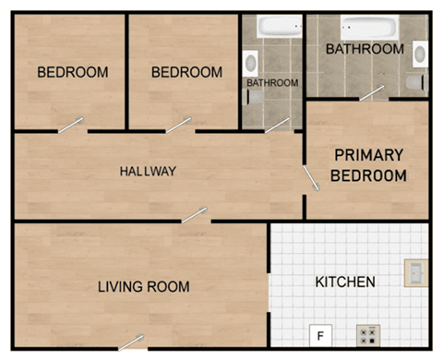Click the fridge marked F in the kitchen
(320, 335)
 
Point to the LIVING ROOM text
(143, 287)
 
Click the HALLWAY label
(148, 172)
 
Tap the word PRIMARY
(368, 155)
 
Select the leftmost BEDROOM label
(72, 72)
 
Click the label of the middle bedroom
(186, 72)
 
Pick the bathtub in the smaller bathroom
(272, 28)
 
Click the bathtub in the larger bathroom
(369, 27)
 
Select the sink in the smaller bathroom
(250, 62)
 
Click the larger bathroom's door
(372, 92)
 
